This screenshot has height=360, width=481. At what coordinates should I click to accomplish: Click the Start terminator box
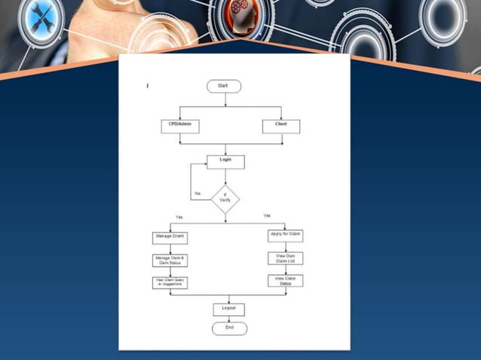[224, 86]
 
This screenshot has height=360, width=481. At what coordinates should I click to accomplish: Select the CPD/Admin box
[180, 126]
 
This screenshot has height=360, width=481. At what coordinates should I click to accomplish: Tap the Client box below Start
[280, 126]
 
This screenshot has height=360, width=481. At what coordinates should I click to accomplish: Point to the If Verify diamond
[225, 199]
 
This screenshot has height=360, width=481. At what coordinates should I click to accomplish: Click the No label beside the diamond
[198, 194]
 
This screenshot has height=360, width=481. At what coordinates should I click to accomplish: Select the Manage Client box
[170, 237]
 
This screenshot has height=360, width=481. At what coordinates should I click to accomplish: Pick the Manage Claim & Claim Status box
[170, 261]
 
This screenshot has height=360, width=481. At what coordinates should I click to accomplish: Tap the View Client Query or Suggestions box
[170, 282]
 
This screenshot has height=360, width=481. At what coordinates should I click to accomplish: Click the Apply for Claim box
[285, 235]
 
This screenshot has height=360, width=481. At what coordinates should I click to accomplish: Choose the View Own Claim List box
[285, 258]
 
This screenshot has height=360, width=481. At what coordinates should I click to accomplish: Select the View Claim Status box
[285, 281]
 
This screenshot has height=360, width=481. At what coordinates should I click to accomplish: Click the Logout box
[229, 309]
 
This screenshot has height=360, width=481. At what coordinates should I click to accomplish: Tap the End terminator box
[229, 328]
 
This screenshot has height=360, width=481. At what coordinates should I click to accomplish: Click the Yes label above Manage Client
[179, 218]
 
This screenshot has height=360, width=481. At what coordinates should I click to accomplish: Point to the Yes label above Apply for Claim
[267, 216]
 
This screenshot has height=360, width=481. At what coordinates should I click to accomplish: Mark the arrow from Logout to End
[229, 319]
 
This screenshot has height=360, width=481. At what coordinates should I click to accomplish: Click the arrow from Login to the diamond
[225, 176]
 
